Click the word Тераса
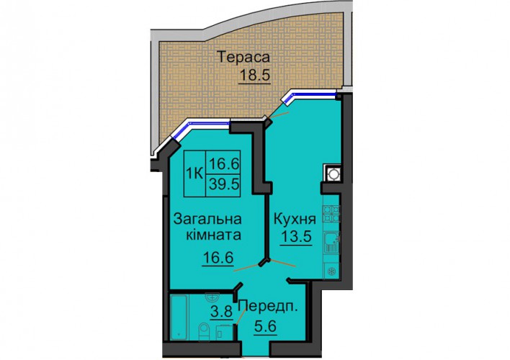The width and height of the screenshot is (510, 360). click(243, 57)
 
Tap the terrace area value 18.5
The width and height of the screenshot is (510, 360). click(255, 75)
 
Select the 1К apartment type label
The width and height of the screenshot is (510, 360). click(194, 174)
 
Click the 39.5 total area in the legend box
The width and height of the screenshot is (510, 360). click(224, 184)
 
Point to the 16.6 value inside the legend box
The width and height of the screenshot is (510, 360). click(224, 163)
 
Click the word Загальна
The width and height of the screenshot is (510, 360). click(207, 219)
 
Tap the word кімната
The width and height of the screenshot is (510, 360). click(213, 234)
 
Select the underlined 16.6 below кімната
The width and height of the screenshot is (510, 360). click(218, 258)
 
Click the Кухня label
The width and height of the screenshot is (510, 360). click(295, 220)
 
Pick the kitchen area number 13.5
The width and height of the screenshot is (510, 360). click(297, 236)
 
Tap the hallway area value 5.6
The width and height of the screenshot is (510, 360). click(265, 325)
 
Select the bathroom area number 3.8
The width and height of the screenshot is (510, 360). click(221, 312)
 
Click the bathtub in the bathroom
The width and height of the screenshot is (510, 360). click(179, 317)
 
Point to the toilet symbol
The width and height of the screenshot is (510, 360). click(205, 331)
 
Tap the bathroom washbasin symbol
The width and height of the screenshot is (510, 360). click(212, 296)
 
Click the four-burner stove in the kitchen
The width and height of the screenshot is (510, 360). click(331, 213)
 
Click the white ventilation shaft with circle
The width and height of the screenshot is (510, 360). click(333, 173)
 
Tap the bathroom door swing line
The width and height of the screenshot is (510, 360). click(241, 315)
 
